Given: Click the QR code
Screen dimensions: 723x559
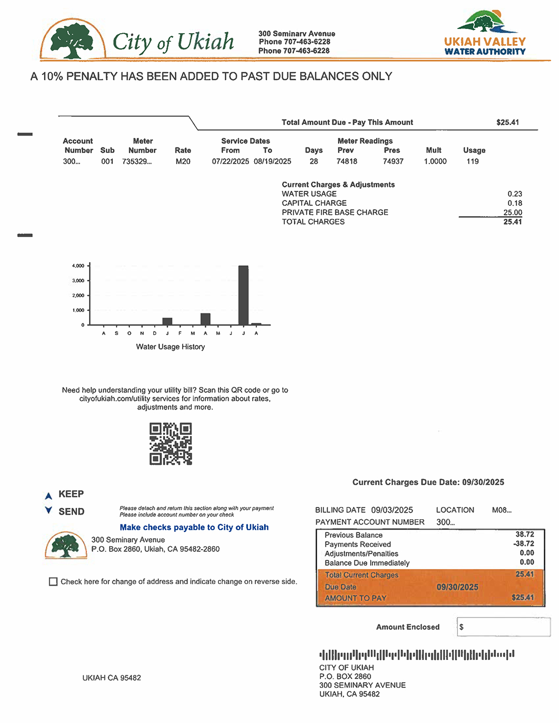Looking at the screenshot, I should pos(170,444).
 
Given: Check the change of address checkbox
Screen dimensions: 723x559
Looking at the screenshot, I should pos(53,582).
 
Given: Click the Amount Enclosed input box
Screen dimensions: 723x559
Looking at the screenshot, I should pos(503,627).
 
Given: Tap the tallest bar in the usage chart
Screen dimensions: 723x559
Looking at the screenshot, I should pos(243,295).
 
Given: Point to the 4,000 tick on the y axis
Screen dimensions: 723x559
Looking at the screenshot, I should pos(78,266).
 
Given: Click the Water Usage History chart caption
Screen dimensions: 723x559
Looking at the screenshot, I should pos(170,347).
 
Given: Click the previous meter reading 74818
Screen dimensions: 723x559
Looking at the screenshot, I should pos(347,161).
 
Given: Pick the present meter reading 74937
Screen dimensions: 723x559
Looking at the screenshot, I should pos(393,161).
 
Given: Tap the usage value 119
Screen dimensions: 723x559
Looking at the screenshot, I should pos(473,161).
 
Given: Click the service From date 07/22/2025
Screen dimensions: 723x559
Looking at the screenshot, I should pos(230,161).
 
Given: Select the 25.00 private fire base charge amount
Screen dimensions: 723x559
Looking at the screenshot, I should pos(512,213).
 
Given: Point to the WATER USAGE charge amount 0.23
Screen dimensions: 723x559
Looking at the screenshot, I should pos(514,194).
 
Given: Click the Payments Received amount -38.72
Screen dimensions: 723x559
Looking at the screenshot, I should pos(524,544).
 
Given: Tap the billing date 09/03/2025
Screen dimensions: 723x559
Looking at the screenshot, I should pos(392,510).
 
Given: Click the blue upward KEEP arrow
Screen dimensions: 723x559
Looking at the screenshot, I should pos(49,495).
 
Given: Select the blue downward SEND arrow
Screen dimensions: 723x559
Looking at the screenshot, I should pos(49,510).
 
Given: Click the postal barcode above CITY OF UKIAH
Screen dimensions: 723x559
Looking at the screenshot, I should pos(417,654).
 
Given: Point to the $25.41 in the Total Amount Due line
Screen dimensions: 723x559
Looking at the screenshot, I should pos(507,123).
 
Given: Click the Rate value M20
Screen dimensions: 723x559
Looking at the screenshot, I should pos(183,161).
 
